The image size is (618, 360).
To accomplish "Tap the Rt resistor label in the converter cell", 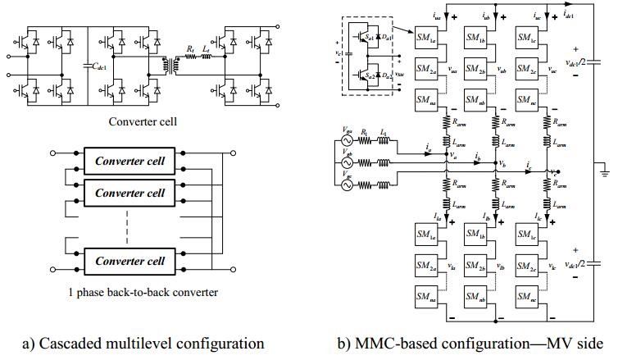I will (x=189, y=50).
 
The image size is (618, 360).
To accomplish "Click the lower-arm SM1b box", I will (x=478, y=234).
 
